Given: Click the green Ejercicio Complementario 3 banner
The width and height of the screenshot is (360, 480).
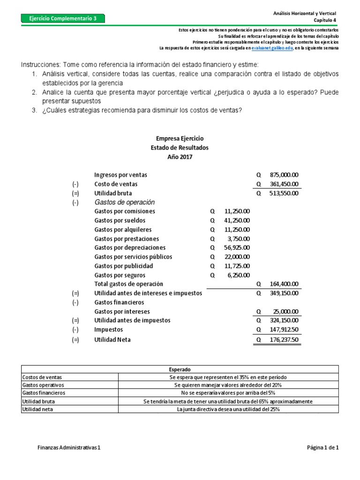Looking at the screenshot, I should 63,19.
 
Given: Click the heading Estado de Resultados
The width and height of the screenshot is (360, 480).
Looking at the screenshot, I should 180,148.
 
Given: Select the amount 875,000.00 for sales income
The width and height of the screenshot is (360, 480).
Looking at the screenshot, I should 284,175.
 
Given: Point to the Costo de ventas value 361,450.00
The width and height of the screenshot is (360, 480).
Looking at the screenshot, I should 284,184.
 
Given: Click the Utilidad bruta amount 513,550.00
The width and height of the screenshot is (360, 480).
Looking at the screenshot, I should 284,193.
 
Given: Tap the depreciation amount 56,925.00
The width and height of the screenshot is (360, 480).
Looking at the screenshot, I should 237,247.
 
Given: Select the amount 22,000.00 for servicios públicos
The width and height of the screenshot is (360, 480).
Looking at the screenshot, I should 237,257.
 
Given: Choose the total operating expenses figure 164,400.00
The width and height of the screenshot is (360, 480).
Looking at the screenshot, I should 284,284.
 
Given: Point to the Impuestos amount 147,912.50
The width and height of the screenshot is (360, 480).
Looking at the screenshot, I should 284,330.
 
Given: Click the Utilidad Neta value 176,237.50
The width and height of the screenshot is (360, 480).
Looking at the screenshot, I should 284,340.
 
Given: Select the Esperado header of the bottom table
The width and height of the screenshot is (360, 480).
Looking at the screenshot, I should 180,369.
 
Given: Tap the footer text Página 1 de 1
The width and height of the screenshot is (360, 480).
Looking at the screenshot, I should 322,448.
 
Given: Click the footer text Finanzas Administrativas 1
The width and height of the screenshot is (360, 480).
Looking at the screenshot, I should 69,448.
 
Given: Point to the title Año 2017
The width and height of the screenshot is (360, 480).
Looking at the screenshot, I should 180,157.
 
